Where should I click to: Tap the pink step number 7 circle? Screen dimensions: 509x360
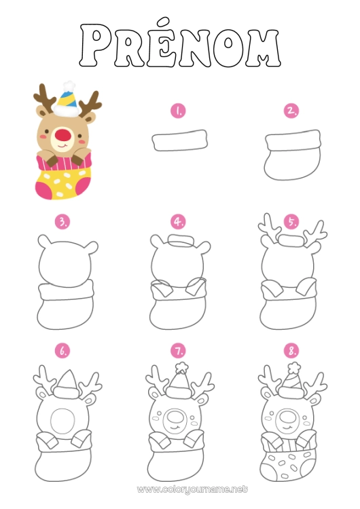pyautogui.click(x=178, y=351)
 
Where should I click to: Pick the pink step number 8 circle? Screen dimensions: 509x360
pyautogui.click(x=292, y=351)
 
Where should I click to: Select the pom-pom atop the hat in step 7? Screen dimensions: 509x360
pyautogui.click(x=181, y=366)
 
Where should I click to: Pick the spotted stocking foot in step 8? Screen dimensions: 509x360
pyautogui.click(x=292, y=464)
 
